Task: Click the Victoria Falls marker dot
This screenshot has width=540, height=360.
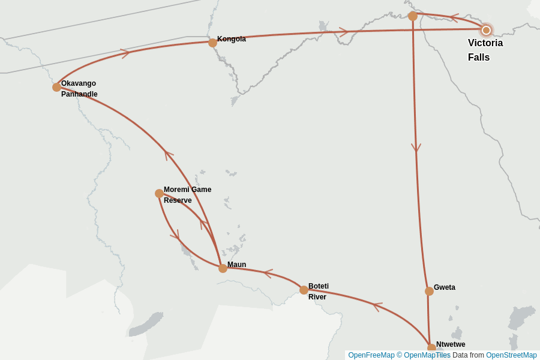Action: point(486,30)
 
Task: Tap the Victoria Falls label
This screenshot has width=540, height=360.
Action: point(485,50)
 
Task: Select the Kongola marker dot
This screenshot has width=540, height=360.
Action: point(212,43)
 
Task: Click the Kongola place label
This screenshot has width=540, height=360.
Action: point(232,39)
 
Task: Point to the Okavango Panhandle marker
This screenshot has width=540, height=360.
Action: point(56,87)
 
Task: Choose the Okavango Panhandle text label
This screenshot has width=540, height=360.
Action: point(79,89)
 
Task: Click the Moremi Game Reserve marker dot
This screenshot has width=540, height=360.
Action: point(159,193)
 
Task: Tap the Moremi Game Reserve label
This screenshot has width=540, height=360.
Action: point(187,195)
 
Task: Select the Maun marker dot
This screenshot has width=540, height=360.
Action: point(223,268)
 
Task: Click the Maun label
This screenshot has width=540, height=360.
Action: point(236,265)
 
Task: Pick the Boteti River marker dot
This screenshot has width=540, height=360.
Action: point(304,290)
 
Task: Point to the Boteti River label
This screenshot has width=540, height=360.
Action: point(319,292)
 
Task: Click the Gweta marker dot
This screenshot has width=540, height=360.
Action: point(429,291)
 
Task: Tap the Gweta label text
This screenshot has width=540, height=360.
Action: point(445,287)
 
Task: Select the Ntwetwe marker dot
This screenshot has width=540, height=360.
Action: point(431,348)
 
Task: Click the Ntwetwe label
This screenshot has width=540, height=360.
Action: point(451,344)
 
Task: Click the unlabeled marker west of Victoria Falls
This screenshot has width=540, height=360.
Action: point(413,16)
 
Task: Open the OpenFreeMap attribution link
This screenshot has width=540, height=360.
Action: point(371,355)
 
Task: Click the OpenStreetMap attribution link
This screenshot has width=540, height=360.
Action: point(511,355)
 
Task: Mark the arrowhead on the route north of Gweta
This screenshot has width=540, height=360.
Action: point(416,148)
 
